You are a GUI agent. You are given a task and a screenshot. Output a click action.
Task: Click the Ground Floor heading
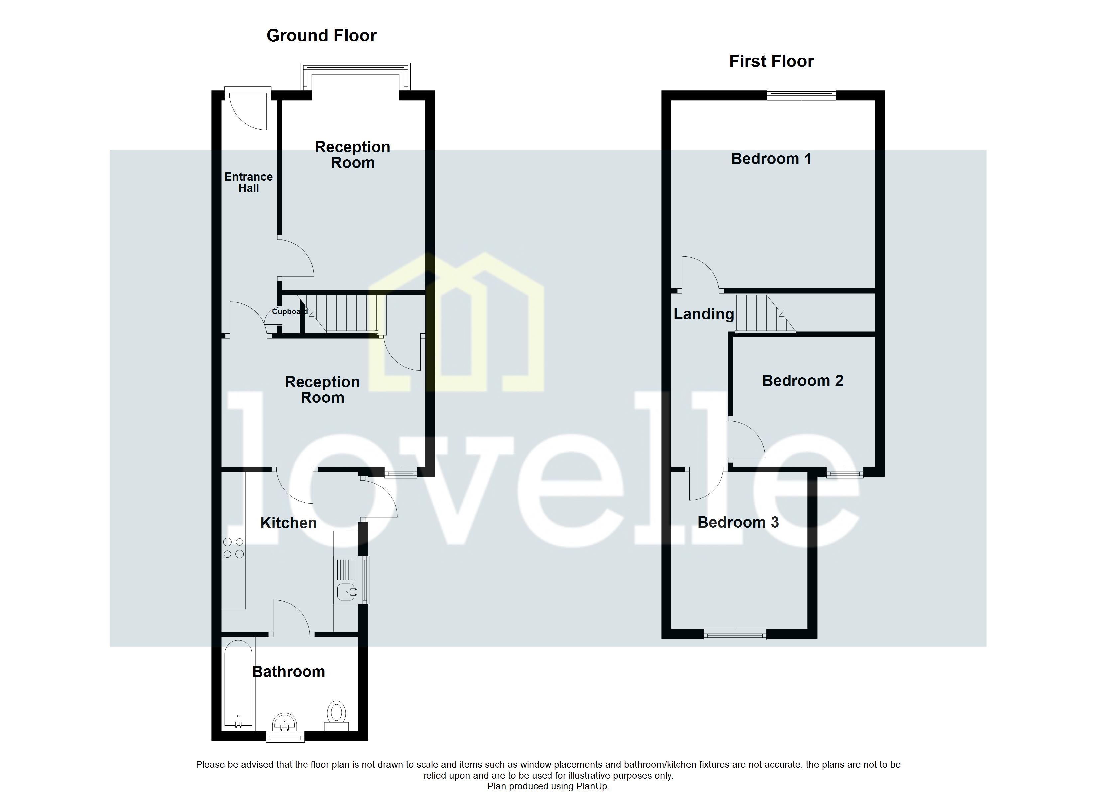point(321,35)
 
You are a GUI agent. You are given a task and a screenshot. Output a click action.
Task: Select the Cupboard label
point(289,311)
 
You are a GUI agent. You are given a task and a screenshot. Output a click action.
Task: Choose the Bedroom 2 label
point(802,380)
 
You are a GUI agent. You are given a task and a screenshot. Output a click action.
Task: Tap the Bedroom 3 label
point(738,522)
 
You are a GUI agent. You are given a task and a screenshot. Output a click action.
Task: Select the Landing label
point(704,314)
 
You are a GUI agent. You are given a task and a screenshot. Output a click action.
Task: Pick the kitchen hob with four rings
point(233,548)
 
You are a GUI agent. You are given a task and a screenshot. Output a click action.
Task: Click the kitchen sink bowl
point(345,591)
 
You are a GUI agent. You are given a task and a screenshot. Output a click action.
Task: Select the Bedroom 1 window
point(801,94)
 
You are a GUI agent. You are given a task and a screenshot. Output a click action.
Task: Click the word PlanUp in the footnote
point(592,786)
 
